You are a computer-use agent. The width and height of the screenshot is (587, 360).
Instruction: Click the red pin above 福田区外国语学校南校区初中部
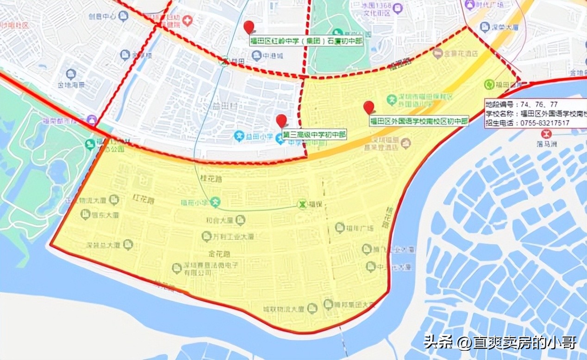point(368,107)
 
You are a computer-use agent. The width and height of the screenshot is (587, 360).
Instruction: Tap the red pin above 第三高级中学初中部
point(281,120)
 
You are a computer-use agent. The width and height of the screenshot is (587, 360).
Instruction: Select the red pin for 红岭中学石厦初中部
point(249,27)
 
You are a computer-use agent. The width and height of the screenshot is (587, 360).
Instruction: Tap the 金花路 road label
point(220,254)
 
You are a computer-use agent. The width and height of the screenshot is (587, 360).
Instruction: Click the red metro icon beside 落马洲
point(548,134)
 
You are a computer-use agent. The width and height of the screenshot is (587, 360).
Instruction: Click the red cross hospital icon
point(187,20)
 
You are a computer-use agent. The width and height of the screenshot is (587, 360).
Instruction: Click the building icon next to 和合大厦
point(240,220)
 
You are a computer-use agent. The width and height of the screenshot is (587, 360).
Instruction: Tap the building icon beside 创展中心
point(123,16)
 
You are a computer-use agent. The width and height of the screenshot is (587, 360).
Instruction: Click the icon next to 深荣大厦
point(484,27)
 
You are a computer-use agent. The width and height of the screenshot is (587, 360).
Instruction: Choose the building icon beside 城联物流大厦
point(312,308)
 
